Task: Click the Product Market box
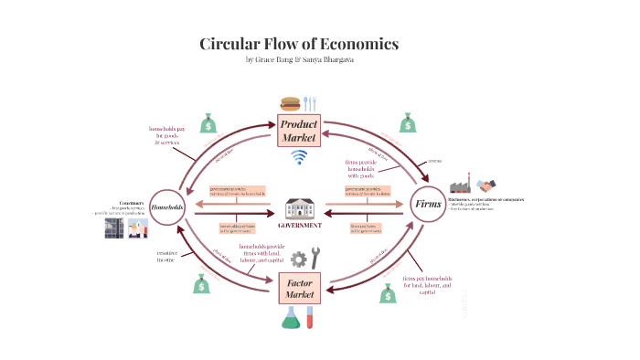click(x=298, y=131)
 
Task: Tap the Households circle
click(x=167, y=206)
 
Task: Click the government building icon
click(x=299, y=208)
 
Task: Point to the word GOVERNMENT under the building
click(x=299, y=225)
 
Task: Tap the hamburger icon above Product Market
click(x=291, y=103)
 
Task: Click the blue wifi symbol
click(x=298, y=157)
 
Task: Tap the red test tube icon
click(x=311, y=317)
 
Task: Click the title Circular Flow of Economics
click(x=299, y=44)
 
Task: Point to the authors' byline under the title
click(x=299, y=60)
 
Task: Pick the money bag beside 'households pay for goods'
click(x=208, y=122)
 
